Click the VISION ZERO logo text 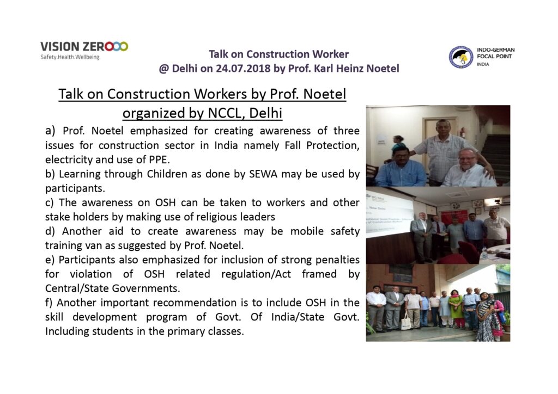click(x=84, y=47)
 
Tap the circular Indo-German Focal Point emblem click(x=461, y=57)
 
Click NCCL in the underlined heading click(x=225, y=113)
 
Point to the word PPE click(x=159, y=159)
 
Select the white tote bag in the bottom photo click(x=406, y=322)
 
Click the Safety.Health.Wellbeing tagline click(x=70, y=57)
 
